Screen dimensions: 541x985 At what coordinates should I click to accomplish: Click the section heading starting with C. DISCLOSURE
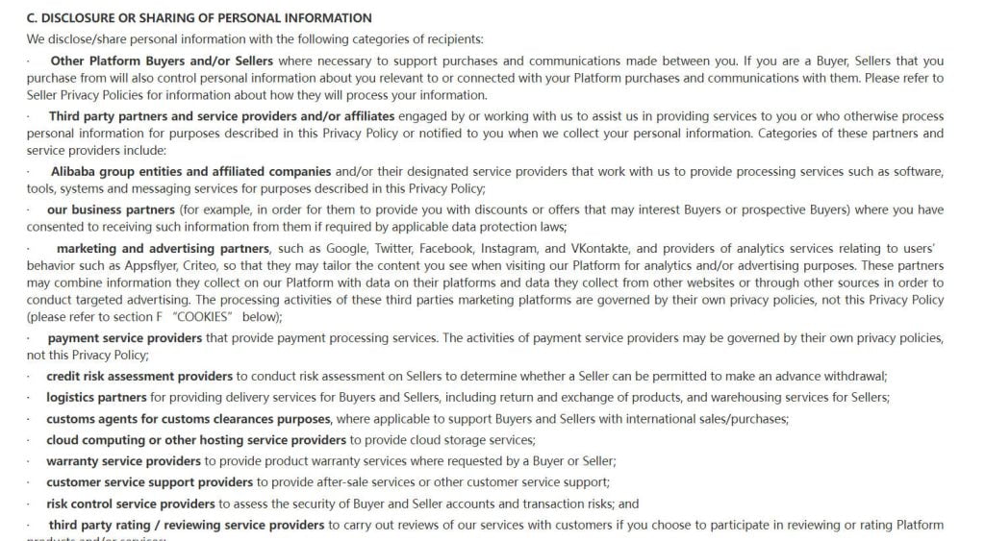pyautogui.click(x=199, y=18)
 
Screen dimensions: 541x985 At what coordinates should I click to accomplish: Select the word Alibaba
pyautogui.click(x=76, y=172)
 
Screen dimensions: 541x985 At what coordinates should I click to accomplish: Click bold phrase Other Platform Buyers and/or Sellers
pyautogui.click(x=162, y=61)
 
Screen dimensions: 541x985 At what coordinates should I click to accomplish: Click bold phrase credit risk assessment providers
pyautogui.click(x=139, y=376)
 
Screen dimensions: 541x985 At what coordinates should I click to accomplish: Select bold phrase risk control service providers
pyautogui.click(x=131, y=503)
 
